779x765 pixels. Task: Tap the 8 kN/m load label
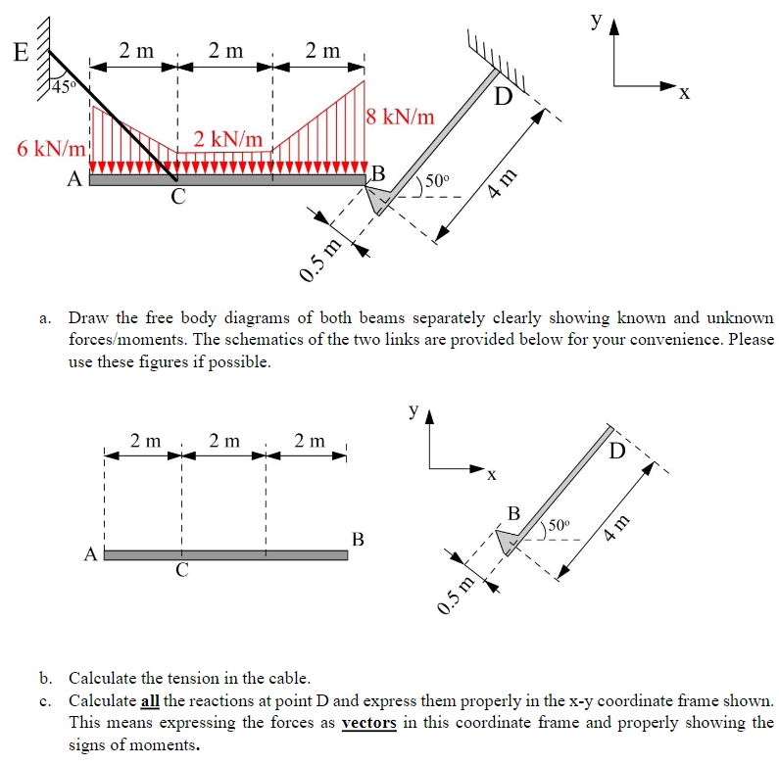pos(400,117)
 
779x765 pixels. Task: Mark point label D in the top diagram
pos(503,98)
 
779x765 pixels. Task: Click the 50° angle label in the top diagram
pos(434,180)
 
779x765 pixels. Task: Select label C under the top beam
pos(177,197)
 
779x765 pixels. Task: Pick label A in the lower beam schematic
pos(90,554)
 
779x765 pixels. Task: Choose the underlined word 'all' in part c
pos(150,701)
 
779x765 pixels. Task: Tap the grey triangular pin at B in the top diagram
pos(379,199)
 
